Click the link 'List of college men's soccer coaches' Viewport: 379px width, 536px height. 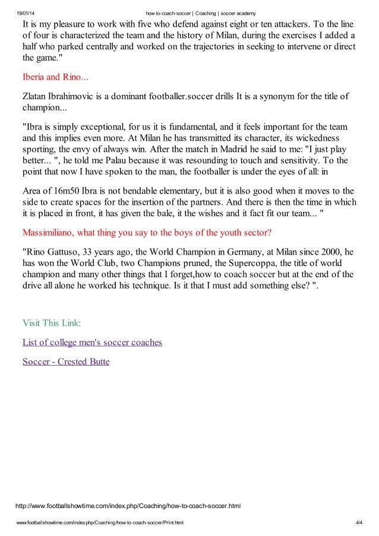pyautogui.click(x=92, y=342)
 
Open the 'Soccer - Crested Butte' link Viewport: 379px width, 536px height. pyautogui.click(x=66, y=361)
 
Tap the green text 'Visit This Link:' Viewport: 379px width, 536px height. pyautogui.click(x=52, y=323)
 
